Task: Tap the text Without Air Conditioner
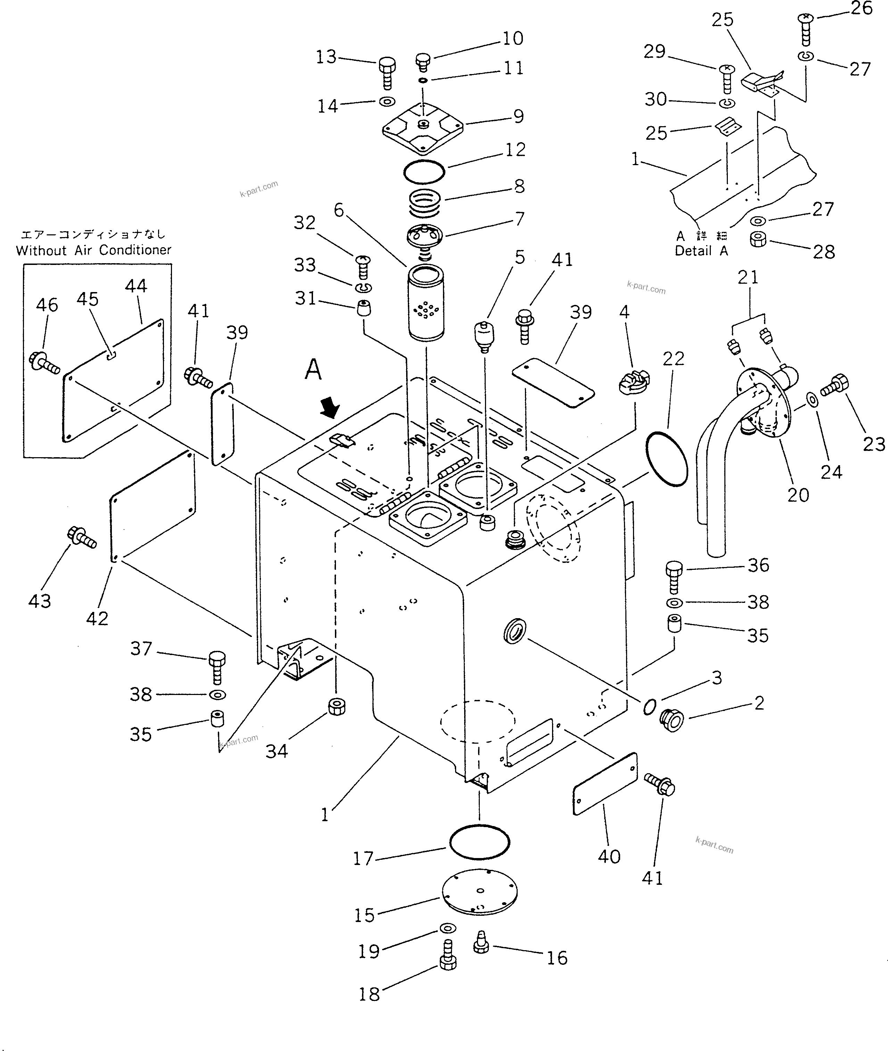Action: pyautogui.click(x=94, y=250)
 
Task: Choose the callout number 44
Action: pyautogui.click(x=135, y=286)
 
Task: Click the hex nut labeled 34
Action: pyautogui.click(x=336, y=707)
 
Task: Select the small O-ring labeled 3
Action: pyautogui.click(x=649, y=707)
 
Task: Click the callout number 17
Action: pyautogui.click(x=362, y=858)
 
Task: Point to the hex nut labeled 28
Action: pyautogui.click(x=758, y=239)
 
